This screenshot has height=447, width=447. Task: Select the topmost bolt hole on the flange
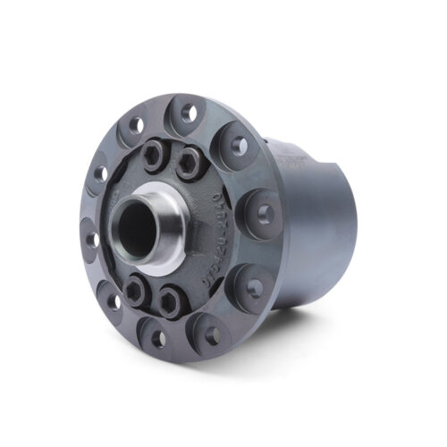(x=187, y=114)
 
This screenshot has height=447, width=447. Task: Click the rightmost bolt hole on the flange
(x=266, y=213)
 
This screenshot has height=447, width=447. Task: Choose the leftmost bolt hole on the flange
(x=91, y=238)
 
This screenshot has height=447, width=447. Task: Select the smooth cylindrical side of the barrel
(x=313, y=232)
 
